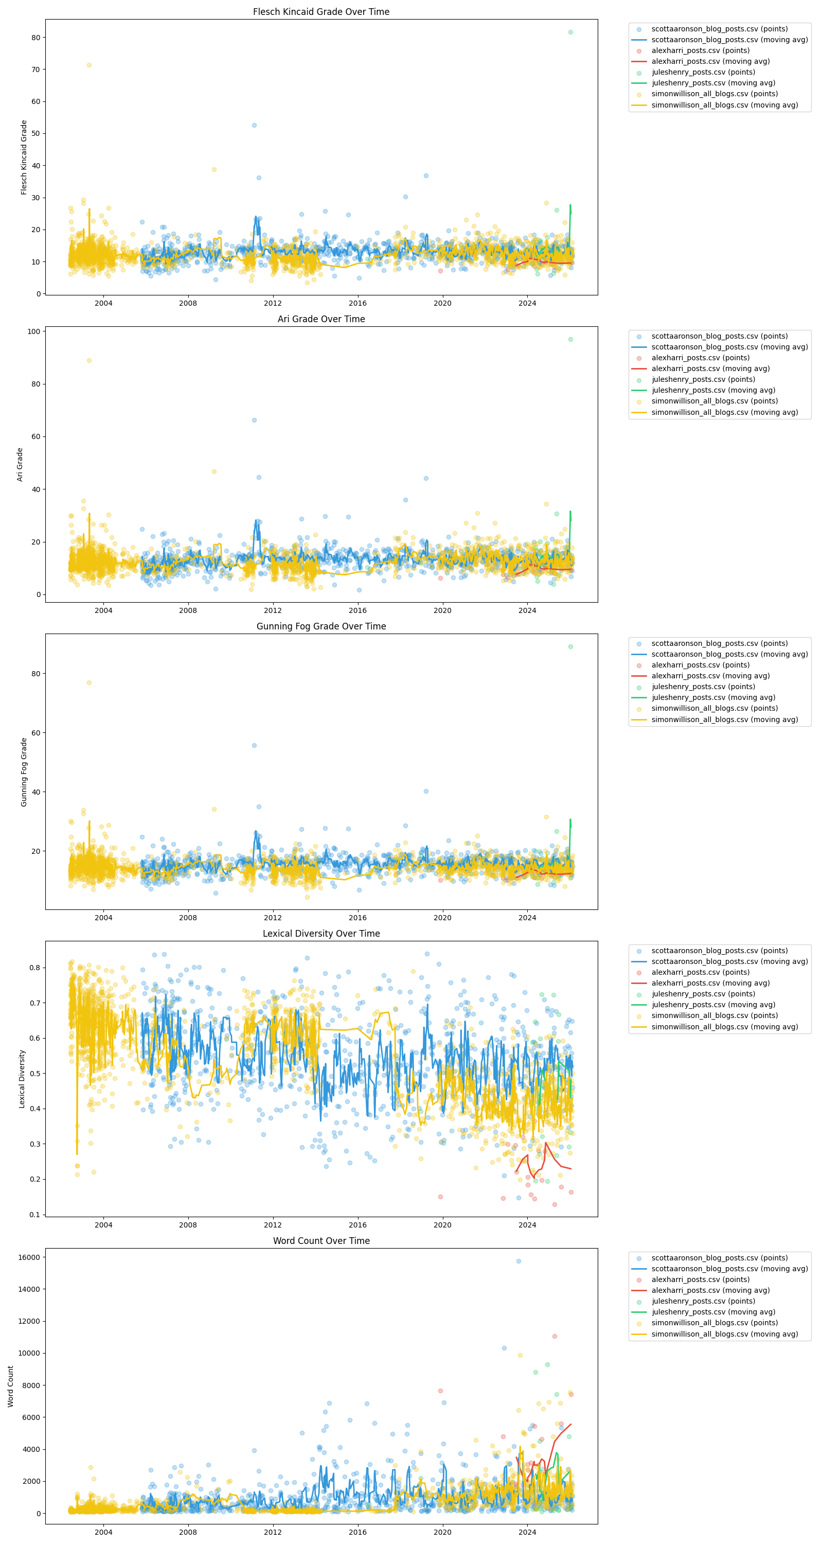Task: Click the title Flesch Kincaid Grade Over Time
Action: [x=321, y=12]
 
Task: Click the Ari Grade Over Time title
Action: [x=321, y=319]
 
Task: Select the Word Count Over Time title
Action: [x=321, y=1241]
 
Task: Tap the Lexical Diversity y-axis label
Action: [x=22, y=1079]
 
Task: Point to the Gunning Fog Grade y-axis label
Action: [x=24, y=772]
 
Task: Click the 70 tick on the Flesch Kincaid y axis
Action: [x=35, y=69]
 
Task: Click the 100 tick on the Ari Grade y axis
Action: [x=33, y=331]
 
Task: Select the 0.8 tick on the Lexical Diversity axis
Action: [x=34, y=968]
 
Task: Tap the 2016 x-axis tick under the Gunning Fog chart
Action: [x=357, y=918]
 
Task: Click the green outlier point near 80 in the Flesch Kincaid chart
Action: [x=570, y=32]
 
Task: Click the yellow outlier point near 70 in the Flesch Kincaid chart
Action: [x=90, y=65]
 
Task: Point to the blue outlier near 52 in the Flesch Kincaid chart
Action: [x=254, y=125]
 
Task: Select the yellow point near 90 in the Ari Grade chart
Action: [x=90, y=360]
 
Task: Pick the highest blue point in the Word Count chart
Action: [x=518, y=1261]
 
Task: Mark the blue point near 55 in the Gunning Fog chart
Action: [x=254, y=746]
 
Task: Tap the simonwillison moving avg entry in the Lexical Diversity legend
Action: [x=724, y=1027]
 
